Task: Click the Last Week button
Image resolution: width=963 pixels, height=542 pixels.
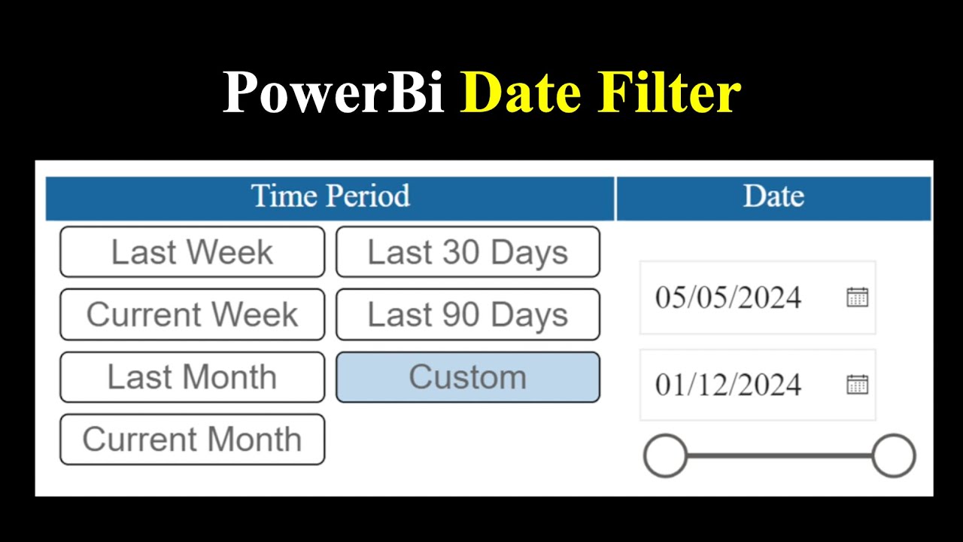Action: tap(192, 252)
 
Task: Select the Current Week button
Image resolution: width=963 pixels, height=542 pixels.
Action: tap(192, 315)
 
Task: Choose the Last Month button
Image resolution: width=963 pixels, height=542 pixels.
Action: tap(192, 377)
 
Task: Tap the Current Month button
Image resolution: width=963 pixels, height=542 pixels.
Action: tap(192, 440)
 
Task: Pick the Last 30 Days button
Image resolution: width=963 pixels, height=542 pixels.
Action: tap(467, 252)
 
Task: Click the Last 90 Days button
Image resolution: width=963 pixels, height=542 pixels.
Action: tap(467, 315)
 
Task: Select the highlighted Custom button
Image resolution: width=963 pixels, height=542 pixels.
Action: tap(467, 377)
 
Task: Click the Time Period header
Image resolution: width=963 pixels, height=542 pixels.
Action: tap(330, 197)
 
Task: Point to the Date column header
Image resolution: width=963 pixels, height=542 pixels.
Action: tap(773, 197)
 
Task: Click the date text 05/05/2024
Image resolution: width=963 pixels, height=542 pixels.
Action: tap(728, 298)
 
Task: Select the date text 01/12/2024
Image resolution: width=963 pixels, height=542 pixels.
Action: tap(728, 385)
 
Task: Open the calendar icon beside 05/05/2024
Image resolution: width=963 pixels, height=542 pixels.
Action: tap(857, 297)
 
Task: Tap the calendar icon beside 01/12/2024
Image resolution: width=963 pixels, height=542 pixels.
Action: tap(857, 385)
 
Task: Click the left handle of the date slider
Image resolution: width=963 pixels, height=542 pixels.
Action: tap(665, 455)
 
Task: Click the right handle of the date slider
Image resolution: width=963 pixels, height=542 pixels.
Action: tap(893, 455)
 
